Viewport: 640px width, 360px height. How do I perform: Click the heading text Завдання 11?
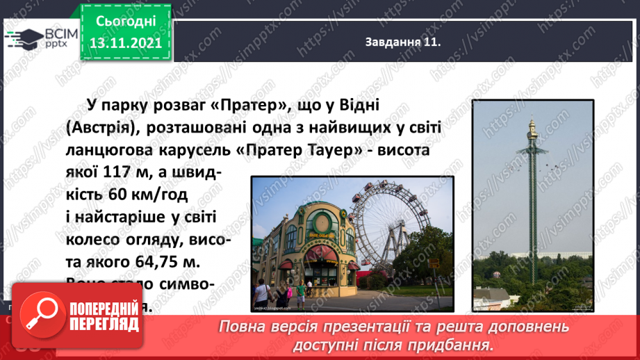tap(403, 42)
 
